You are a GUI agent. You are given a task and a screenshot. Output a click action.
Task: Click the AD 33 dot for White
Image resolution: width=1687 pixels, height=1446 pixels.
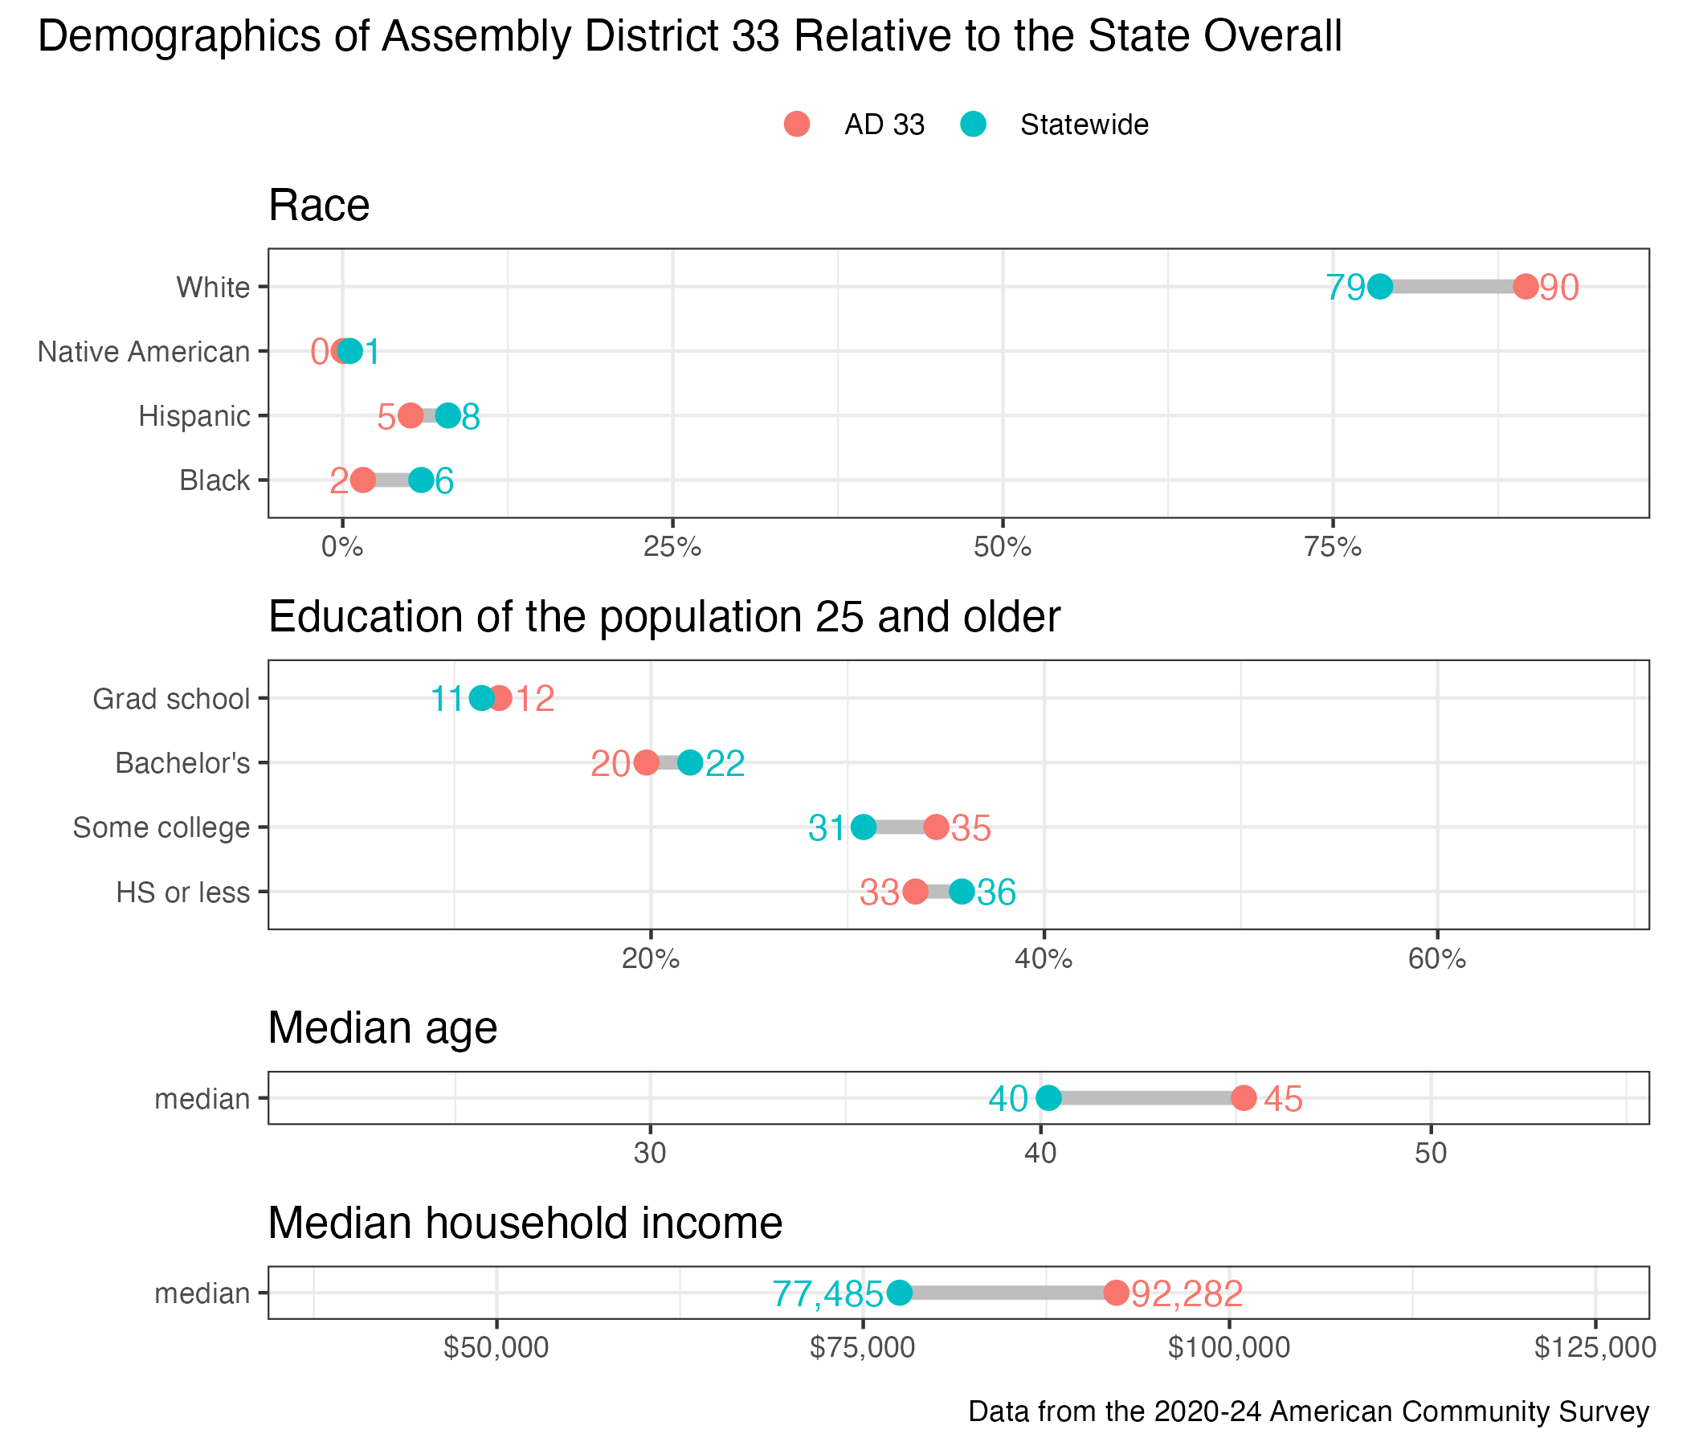point(1525,287)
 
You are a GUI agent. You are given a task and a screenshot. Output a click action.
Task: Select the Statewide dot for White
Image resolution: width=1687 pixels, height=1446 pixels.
point(1380,287)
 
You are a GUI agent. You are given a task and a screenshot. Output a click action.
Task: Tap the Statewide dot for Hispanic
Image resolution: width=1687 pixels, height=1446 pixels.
point(447,415)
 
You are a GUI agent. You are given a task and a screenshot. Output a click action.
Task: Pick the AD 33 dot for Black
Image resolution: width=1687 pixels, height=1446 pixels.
point(363,480)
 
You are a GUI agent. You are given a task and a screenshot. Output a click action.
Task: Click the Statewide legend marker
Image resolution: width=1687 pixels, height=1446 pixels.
point(974,125)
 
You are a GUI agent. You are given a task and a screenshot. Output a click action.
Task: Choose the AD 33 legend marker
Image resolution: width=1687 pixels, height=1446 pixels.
point(797,125)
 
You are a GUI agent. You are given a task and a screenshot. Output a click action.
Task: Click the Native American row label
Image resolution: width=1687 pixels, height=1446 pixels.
point(143,352)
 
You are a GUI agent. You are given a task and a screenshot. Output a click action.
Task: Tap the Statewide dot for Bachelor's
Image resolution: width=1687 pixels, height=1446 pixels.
point(689,763)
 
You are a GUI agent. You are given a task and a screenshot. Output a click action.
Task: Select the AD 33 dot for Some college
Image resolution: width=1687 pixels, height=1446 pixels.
point(937,827)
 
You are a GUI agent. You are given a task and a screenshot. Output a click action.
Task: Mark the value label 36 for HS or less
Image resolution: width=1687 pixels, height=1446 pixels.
point(997,893)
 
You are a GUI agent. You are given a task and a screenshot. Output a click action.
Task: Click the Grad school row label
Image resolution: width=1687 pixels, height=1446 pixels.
point(171,699)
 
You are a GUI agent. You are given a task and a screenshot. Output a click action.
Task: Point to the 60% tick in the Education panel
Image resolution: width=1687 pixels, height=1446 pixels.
point(1437,959)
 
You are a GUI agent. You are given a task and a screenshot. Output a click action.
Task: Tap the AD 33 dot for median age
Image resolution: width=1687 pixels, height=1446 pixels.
point(1244,1097)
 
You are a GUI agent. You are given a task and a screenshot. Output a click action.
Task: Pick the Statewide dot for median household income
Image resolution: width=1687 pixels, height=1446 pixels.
point(899,1292)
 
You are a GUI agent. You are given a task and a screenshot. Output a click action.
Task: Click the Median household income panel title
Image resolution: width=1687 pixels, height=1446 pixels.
point(525,1223)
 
